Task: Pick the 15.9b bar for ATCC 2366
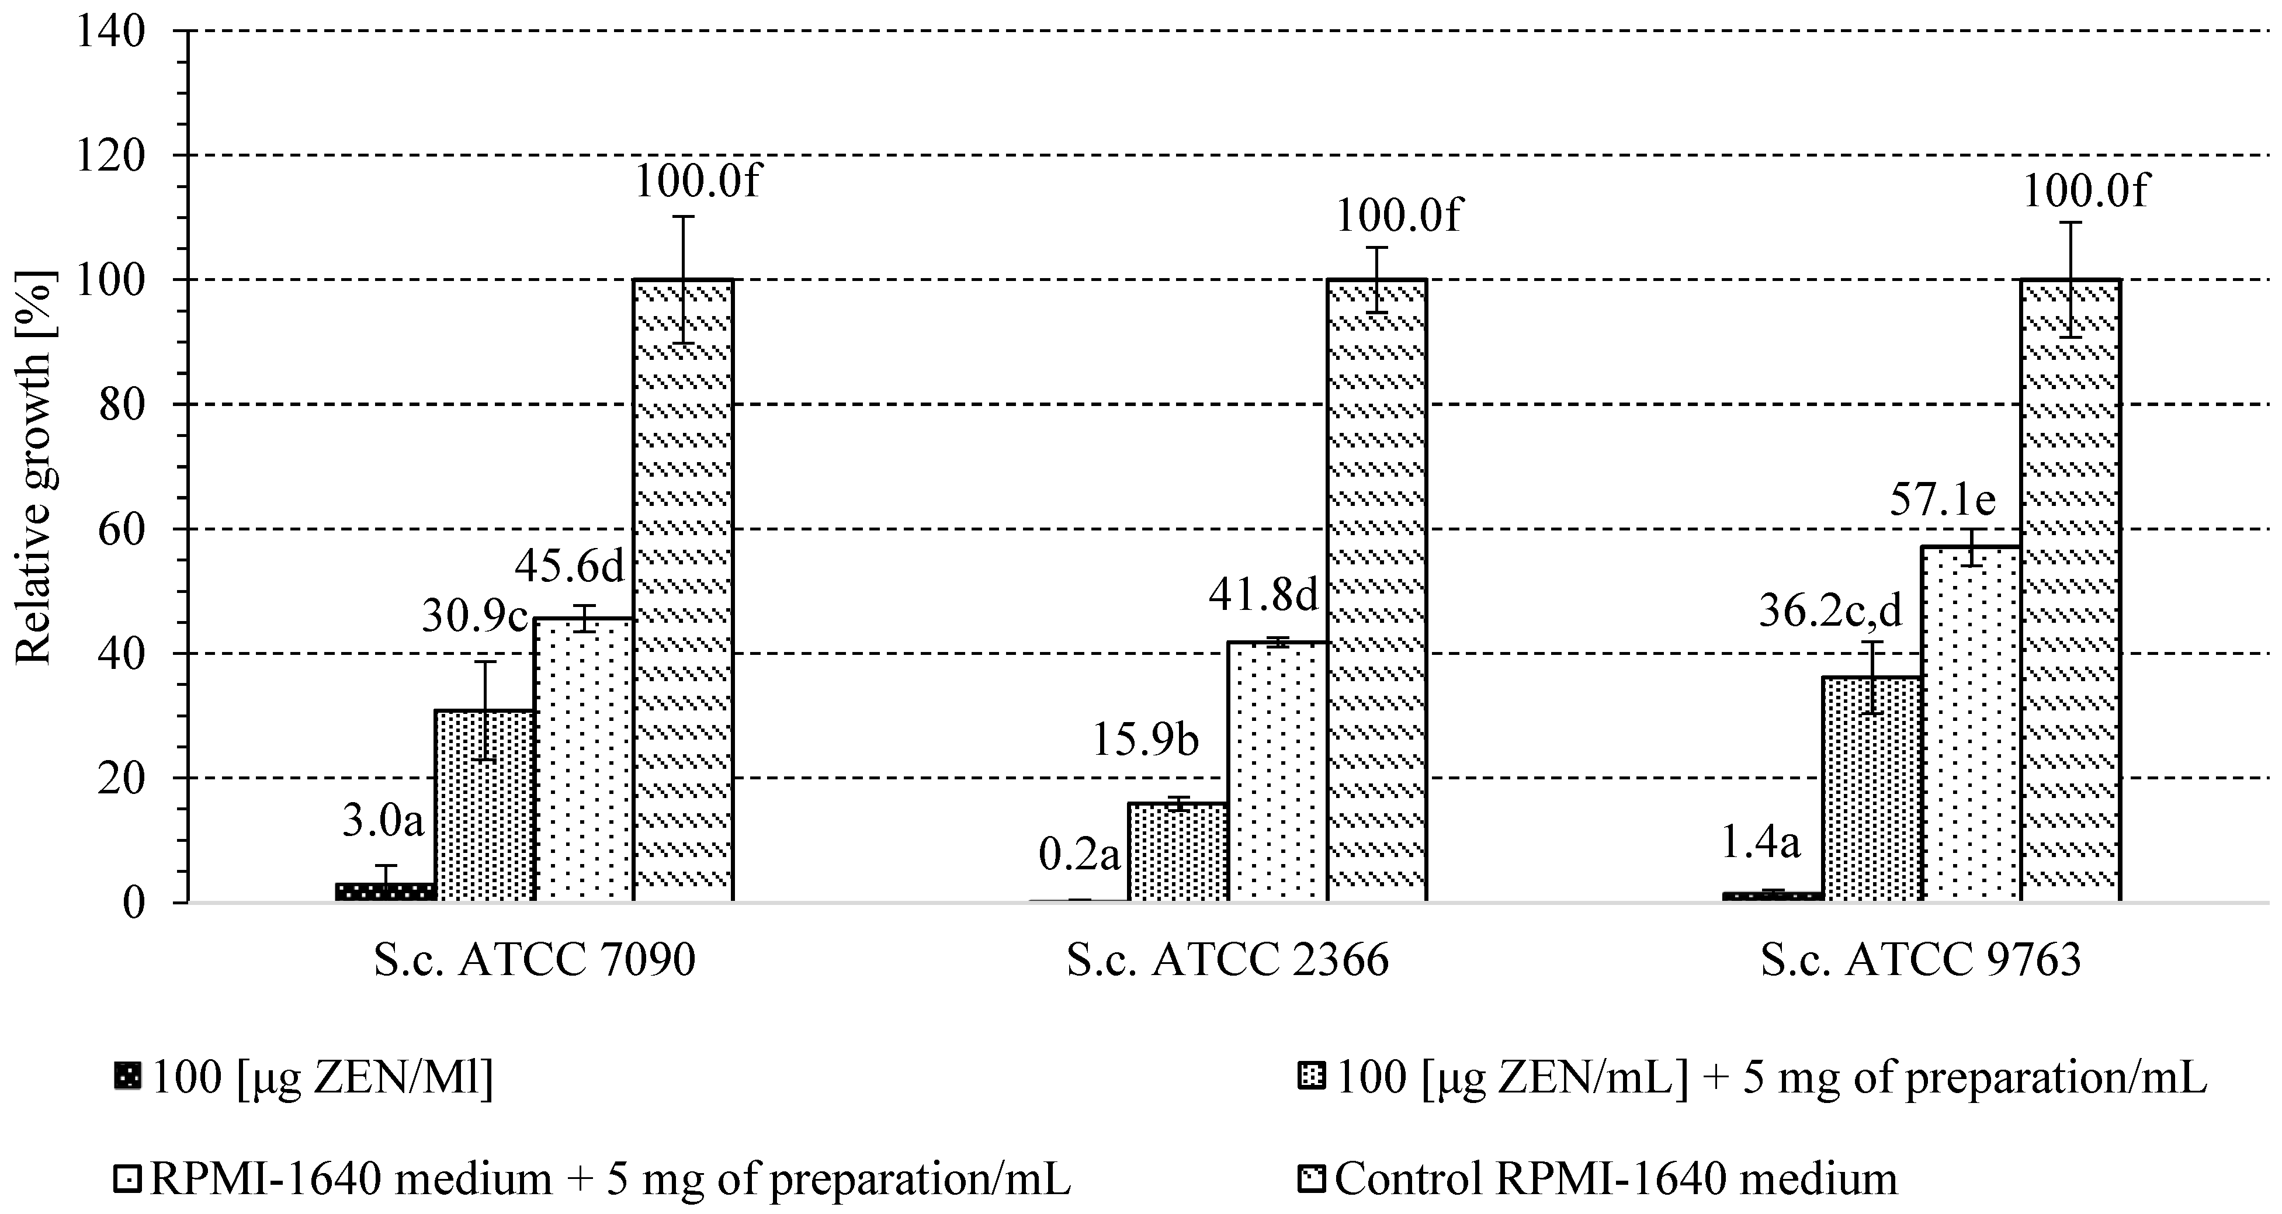(1177, 852)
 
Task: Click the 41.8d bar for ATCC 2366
(1277, 771)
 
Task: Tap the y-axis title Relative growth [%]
(36, 467)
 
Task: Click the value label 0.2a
(1078, 855)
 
